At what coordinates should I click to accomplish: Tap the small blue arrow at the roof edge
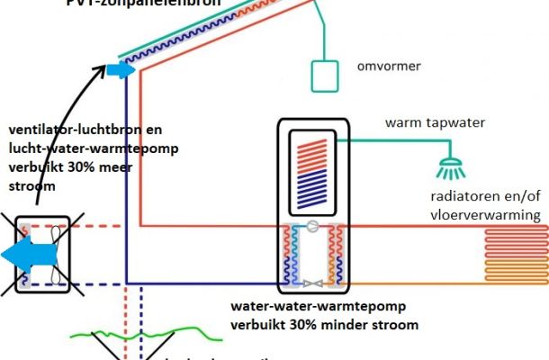119,70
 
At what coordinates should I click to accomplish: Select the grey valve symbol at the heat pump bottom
312,283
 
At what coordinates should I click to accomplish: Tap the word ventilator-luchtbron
64,130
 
